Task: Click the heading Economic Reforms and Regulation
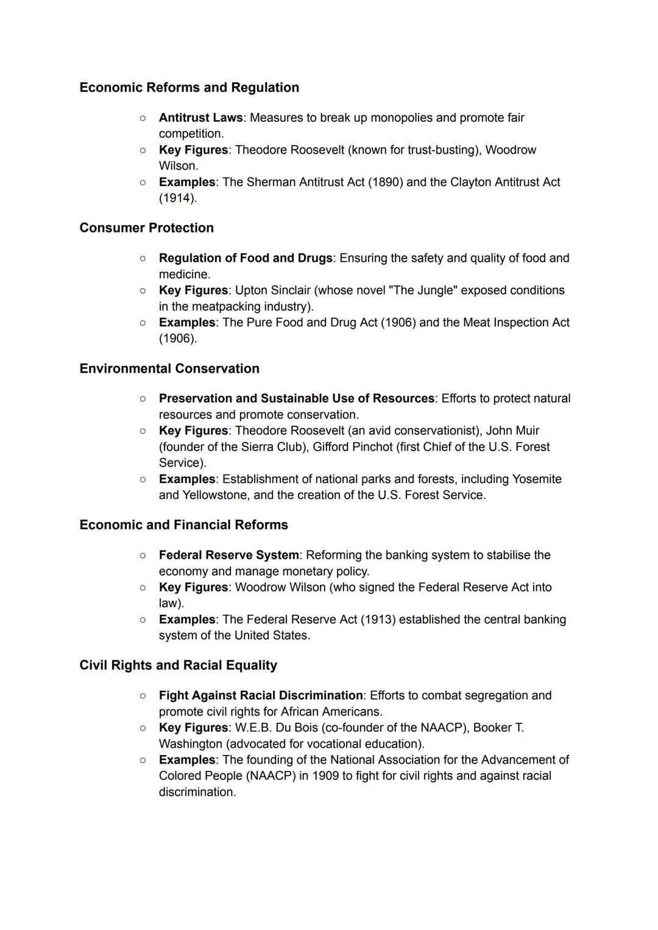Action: tap(189, 87)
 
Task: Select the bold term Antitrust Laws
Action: tap(200, 118)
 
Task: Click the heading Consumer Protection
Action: tap(146, 228)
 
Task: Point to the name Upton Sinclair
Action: tap(272, 290)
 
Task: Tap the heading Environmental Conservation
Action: tap(169, 368)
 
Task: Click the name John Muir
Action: tap(512, 431)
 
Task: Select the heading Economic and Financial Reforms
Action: tap(183, 525)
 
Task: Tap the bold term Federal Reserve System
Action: tap(228, 556)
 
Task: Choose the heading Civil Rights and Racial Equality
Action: tap(178, 665)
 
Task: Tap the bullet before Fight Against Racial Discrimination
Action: tap(142, 696)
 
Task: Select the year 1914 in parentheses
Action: tap(177, 198)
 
